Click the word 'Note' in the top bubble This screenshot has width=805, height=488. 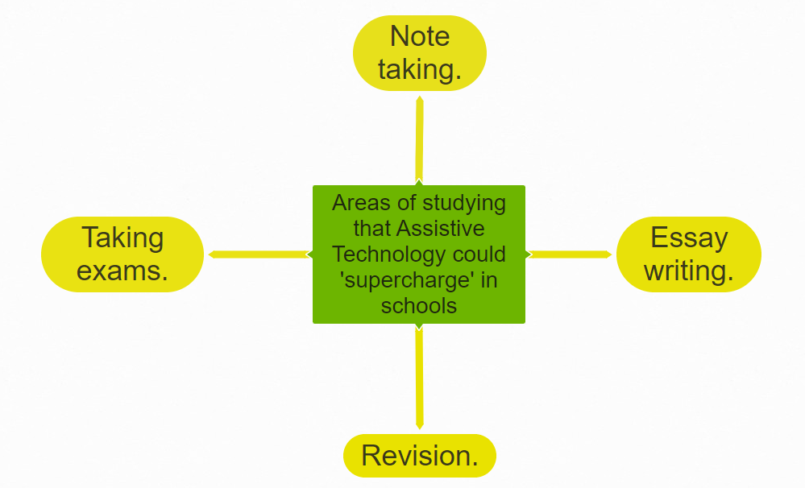click(420, 37)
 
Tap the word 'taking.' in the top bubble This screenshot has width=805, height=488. click(420, 70)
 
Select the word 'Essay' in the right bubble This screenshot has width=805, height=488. click(689, 238)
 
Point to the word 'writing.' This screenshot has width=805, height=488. click(689, 271)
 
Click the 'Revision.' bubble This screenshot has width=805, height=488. click(420, 456)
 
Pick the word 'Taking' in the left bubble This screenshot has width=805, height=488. click(122, 238)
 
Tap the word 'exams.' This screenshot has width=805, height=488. click(122, 271)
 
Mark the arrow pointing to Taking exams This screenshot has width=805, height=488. click(258, 254)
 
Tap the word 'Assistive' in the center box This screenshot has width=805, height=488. click(442, 229)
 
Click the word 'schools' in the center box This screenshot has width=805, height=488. click(419, 306)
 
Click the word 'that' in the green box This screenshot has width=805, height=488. click(372, 229)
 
